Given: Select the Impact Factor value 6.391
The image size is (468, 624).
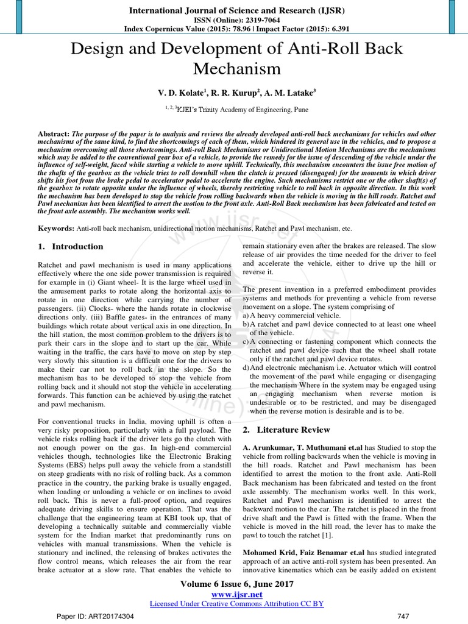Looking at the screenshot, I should [333, 29].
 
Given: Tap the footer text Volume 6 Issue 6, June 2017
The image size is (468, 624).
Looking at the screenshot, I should [234, 584].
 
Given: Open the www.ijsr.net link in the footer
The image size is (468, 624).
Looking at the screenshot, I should [234, 594].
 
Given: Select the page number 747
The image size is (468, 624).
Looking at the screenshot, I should [403, 617].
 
